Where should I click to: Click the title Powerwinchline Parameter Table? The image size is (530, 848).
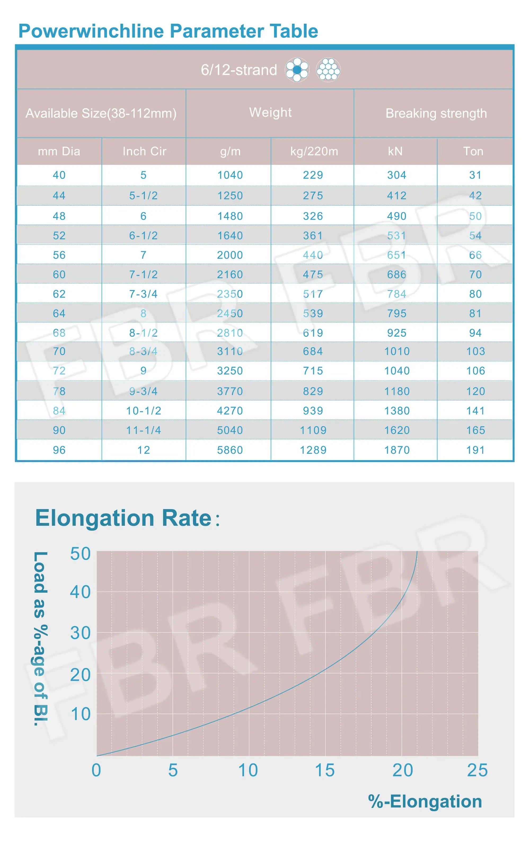[x=168, y=31]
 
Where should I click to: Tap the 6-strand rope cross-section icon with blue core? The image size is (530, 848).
[x=297, y=70]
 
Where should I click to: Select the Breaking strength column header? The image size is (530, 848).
[x=436, y=113]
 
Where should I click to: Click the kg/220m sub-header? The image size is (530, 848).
[x=314, y=151]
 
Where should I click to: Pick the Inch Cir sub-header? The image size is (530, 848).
[x=144, y=151]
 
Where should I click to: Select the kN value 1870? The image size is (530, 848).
[x=397, y=450]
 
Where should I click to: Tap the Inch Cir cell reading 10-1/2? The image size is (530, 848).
[x=144, y=411]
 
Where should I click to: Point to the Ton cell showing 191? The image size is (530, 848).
[x=475, y=450]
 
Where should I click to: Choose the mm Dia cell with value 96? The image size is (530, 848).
[x=59, y=450]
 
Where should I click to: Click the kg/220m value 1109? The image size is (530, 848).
[x=313, y=430]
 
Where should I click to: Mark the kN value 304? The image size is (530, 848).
[x=396, y=175]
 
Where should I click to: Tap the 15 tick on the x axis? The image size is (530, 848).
[x=325, y=770]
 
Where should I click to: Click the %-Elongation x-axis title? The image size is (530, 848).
[x=425, y=801]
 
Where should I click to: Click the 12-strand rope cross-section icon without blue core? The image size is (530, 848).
[x=328, y=70]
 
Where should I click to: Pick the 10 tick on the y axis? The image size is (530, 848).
[x=80, y=714]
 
